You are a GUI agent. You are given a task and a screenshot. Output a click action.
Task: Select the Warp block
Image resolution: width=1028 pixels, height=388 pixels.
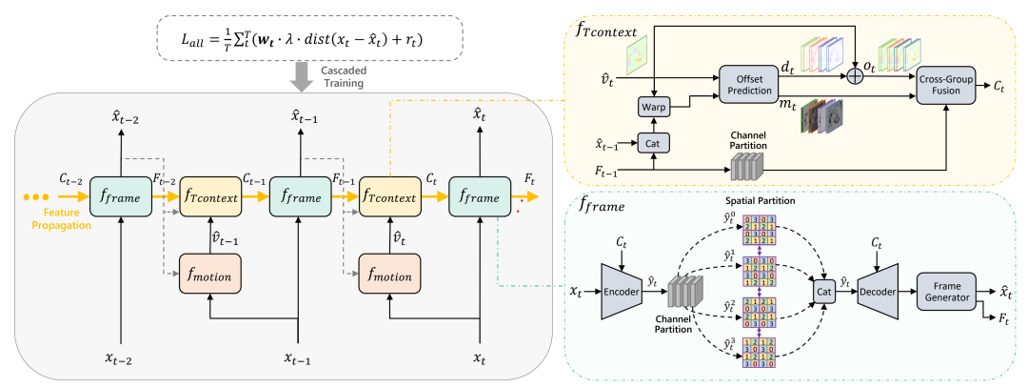click(x=654, y=106)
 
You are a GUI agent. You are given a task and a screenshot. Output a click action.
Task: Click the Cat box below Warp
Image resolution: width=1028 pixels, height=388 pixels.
click(x=653, y=142)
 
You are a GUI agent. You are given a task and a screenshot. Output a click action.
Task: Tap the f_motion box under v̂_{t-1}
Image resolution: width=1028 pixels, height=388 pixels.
click(x=208, y=276)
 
